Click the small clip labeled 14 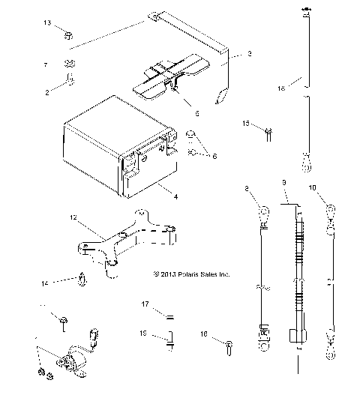81,281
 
